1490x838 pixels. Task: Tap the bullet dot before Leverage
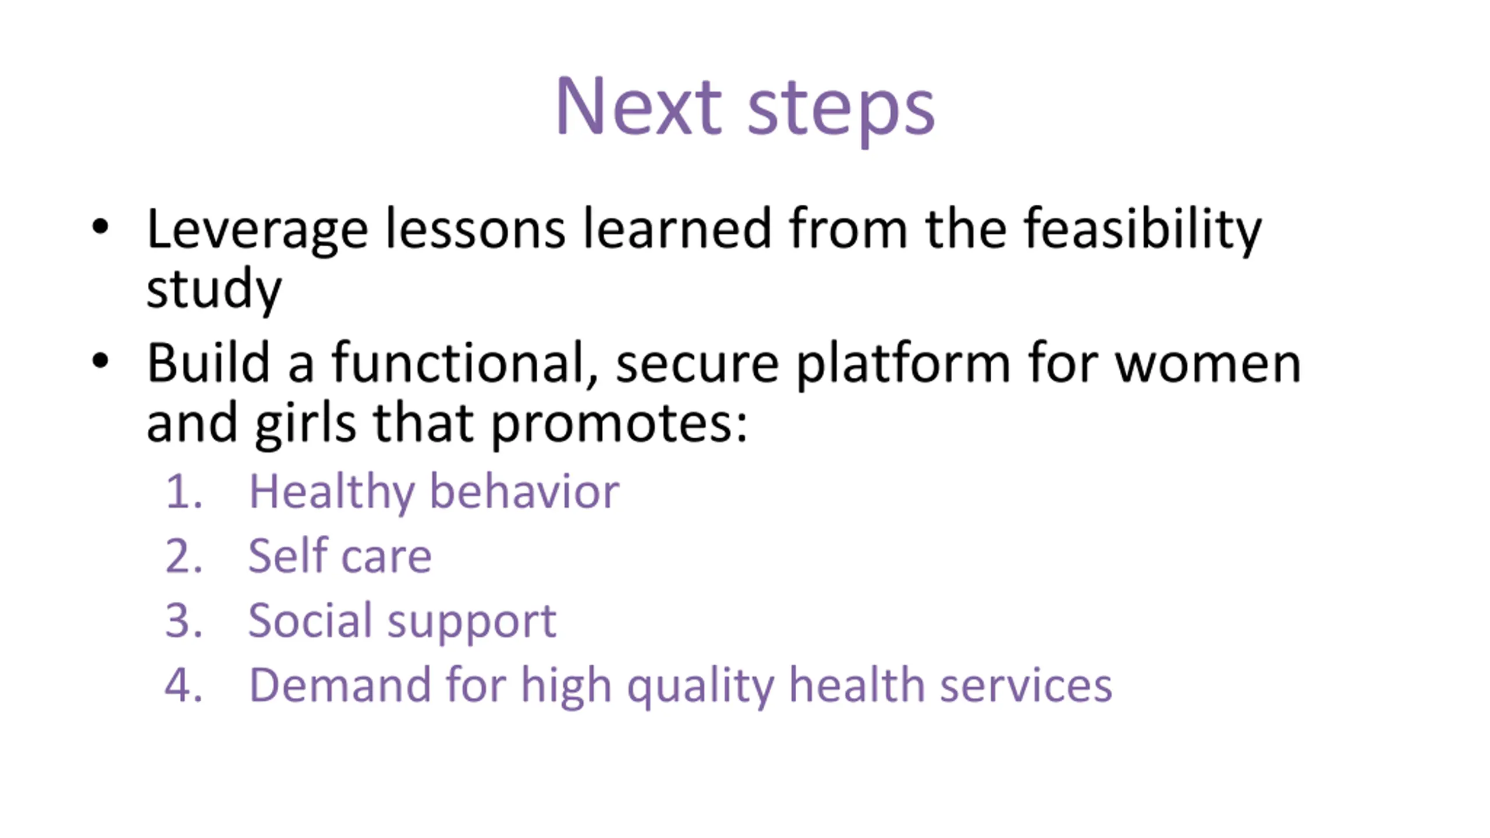[100, 226]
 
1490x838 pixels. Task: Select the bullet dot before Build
[100, 361]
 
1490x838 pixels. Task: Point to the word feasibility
[1143, 231]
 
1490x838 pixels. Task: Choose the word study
[214, 289]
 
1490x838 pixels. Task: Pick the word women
[1208, 365]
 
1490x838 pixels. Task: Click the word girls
[305, 424]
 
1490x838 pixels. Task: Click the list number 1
[183, 492]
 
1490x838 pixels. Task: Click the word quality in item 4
[701, 687]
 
